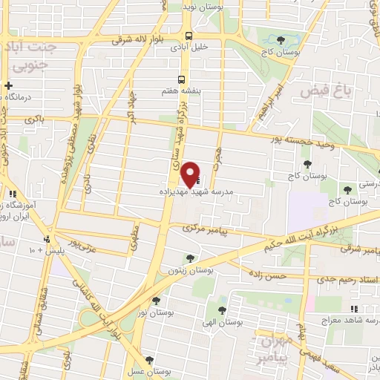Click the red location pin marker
coord(191,174)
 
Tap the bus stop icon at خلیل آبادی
coord(189,35)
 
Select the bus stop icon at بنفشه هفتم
coord(181,79)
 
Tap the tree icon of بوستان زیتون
coord(191,259)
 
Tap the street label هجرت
coord(217,156)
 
